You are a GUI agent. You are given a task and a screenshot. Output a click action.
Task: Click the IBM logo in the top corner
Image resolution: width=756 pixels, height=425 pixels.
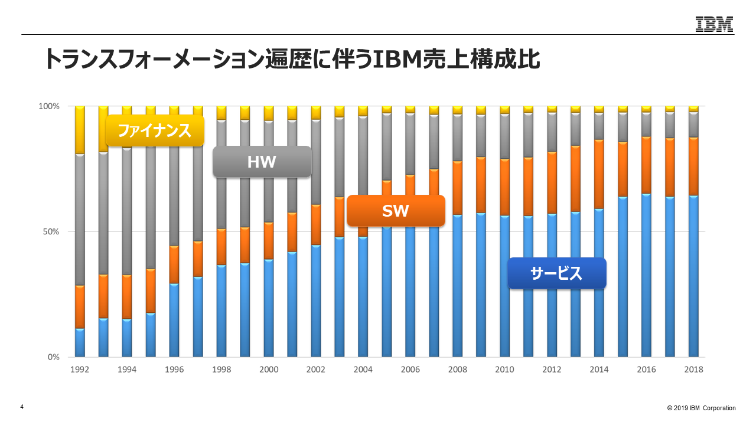point(714,24)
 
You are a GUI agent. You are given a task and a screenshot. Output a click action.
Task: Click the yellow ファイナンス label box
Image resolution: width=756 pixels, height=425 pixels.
point(155,130)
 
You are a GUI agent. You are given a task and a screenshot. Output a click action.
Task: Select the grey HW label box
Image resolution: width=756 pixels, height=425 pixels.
point(262,162)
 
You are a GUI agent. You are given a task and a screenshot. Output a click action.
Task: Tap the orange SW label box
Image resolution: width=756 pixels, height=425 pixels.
point(395,211)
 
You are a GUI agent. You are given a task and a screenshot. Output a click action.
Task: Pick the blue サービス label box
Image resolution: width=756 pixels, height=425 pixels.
point(557,273)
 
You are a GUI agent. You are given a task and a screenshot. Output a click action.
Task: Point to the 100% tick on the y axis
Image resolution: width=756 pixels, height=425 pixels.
point(49,106)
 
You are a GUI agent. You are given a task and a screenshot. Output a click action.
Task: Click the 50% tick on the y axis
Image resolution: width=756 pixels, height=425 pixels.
point(51,231)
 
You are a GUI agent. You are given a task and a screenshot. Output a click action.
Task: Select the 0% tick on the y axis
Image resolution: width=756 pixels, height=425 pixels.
point(53,357)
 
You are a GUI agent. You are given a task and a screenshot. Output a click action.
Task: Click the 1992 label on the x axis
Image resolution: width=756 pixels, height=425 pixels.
point(80,370)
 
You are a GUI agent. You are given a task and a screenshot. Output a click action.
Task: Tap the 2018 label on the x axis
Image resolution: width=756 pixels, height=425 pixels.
point(693,370)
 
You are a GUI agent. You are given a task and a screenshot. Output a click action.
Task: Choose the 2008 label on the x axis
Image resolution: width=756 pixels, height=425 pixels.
point(458,370)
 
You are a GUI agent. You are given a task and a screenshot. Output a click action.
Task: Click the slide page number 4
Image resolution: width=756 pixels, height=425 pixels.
point(22,407)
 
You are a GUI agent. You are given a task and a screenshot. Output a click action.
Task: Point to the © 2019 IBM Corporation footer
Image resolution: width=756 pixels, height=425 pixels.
point(702,408)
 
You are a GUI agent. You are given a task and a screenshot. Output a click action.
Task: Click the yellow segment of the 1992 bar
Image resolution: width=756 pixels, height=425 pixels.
point(80,130)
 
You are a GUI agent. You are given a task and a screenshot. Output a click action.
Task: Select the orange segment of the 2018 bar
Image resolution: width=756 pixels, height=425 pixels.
point(693,166)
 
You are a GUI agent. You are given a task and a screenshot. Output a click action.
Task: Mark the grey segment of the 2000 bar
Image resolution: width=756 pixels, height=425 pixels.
point(269,171)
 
